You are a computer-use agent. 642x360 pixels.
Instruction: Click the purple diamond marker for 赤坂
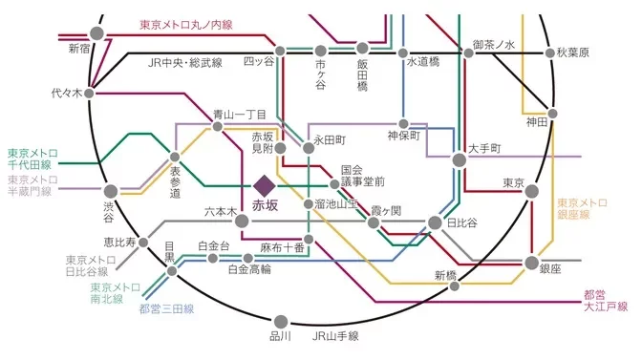click(265, 183)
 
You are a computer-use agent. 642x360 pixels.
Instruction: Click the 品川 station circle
click(281, 322)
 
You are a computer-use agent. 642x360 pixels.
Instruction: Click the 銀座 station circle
click(532, 263)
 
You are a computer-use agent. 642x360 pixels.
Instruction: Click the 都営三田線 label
click(165, 308)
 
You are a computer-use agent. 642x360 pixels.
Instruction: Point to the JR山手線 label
click(334, 336)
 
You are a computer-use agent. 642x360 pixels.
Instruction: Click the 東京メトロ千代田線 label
click(32, 159)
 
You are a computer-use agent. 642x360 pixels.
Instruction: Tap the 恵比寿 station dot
click(144, 244)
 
